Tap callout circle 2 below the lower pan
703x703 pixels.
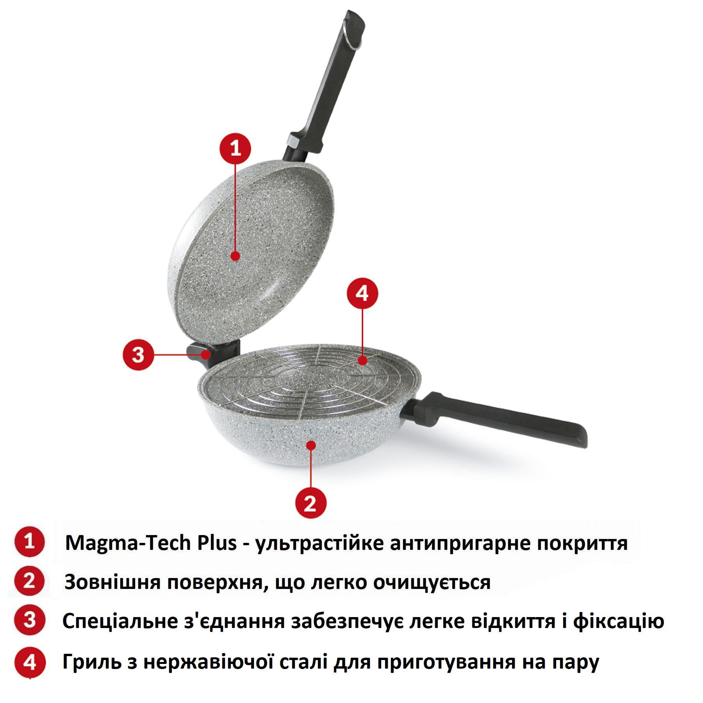click(x=310, y=503)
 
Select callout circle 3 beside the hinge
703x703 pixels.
click(x=138, y=355)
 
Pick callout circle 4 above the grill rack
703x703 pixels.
click(x=362, y=293)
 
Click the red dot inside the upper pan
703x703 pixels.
click(x=235, y=256)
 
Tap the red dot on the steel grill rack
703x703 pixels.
click(x=362, y=360)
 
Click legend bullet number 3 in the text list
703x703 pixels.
click(x=30, y=620)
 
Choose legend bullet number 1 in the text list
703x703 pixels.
click(x=30, y=542)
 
